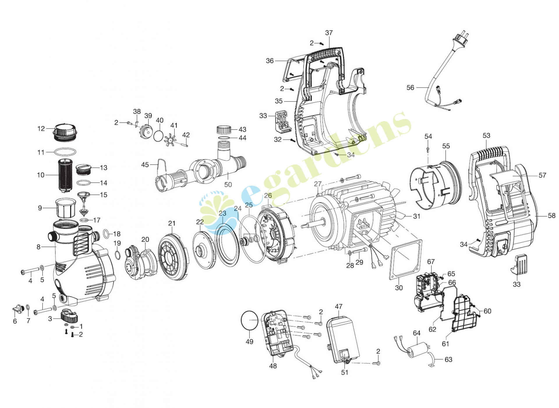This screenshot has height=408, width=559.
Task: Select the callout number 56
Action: (x=410, y=88)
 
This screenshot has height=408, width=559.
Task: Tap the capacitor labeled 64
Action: (x=418, y=350)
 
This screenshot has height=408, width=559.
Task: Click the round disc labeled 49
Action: (x=250, y=320)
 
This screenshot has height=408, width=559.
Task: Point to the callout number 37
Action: (x=329, y=33)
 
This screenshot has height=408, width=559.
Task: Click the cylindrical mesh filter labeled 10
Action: (x=65, y=175)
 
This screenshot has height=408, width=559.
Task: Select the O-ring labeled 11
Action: (x=65, y=152)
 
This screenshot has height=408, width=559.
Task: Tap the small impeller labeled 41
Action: (x=170, y=139)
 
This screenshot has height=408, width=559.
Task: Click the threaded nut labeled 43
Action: (x=224, y=130)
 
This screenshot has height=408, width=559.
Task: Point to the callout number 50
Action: (x=228, y=185)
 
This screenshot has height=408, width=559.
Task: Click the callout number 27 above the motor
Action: (x=318, y=184)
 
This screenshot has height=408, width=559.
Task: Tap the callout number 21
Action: (x=172, y=223)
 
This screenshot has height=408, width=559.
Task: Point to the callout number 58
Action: (x=551, y=216)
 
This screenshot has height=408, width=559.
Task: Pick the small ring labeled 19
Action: (x=117, y=255)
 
